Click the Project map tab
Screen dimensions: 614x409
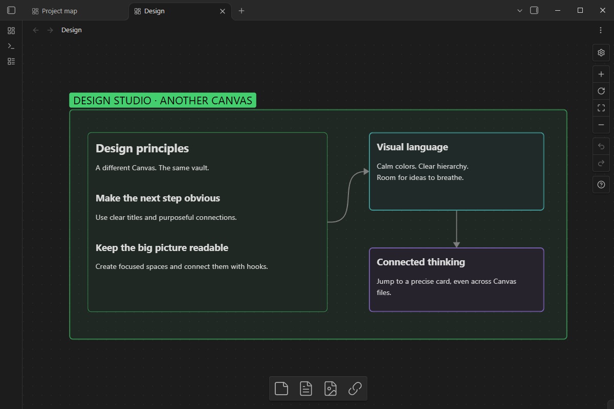point(55,11)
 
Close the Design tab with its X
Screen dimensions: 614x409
point(223,11)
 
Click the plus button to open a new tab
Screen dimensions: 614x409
point(241,11)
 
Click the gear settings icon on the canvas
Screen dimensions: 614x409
point(601,53)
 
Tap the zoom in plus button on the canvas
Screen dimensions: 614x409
point(601,74)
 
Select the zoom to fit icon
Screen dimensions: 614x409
point(601,108)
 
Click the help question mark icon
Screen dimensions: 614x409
point(601,185)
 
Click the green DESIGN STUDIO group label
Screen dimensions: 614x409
point(163,100)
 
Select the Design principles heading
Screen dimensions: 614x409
point(142,148)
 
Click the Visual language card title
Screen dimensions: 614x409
point(412,147)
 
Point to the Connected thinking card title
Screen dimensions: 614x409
point(421,262)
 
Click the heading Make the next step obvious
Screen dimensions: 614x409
point(158,198)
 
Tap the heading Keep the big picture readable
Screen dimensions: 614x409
point(162,247)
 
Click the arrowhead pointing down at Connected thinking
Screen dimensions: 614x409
point(456,244)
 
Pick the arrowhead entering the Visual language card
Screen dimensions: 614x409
point(366,171)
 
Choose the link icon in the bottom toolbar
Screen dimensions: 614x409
point(355,389)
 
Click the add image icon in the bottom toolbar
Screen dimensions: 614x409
point(331,389)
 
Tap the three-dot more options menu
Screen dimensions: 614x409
point(601,30)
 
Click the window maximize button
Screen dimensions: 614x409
point(580,10)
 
